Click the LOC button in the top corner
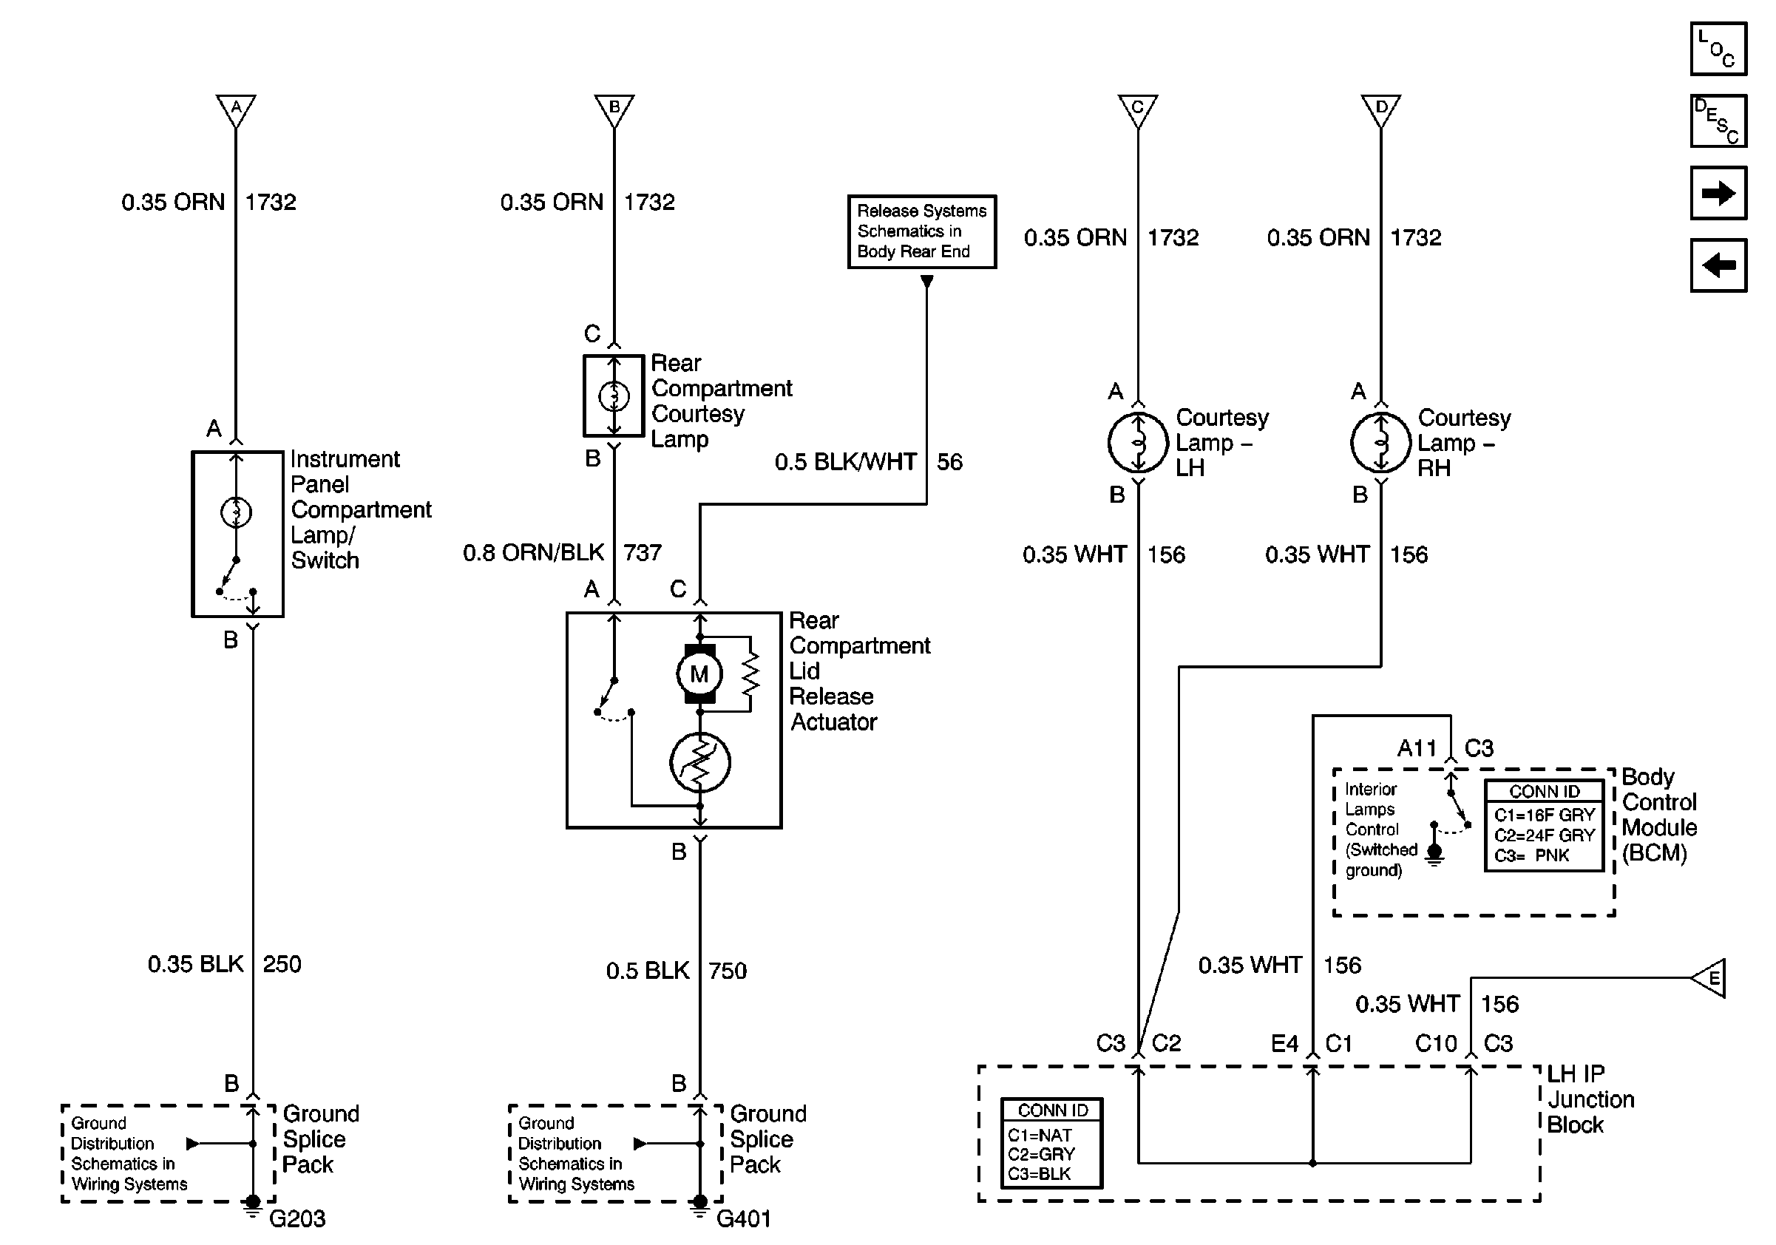(1718, 50)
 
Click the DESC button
(1718, 121)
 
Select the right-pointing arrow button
(1718, 192)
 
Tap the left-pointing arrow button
(1718, 265)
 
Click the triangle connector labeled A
(236, 109)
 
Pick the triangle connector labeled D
(1381, 109)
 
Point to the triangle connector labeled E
(1709, 978)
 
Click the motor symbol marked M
(699, 674)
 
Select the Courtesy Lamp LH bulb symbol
(1138, 442)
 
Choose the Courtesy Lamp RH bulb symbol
(1380, 442)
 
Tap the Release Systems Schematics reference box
(922, 231)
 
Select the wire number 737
(643, 553)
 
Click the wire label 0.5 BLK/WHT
(845, 462)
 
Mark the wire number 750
(728, 971)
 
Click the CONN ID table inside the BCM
(1544, 826)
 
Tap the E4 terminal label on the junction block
(1285, 1044)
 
